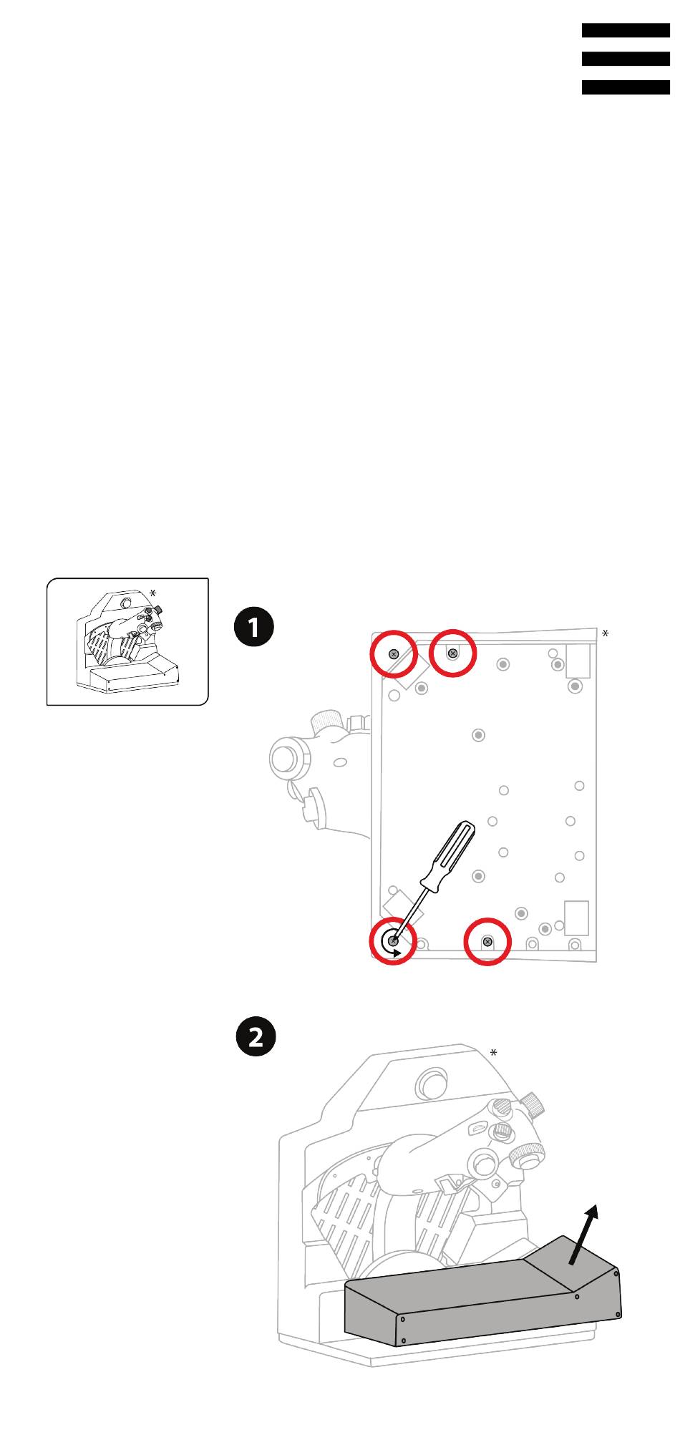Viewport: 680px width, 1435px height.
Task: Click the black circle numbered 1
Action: click(x=254, y=628)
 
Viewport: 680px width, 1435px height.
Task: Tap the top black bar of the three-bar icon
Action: click(x=626, y=30)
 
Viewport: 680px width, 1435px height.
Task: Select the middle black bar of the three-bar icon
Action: click(x=626, y=59)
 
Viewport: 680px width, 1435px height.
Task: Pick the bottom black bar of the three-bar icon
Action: click(x=626, y=87)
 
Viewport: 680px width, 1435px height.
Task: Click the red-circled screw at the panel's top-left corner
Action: click(x=394, y=654)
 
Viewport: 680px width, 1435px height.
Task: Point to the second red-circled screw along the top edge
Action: click(x=452, y=653)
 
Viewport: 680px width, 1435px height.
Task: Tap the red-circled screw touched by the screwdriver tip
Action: click(x=393, y=940)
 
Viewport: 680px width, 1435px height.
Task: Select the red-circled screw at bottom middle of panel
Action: click(x=487, y=941)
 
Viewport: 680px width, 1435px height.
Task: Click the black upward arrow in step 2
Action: click(x=583, y=1234)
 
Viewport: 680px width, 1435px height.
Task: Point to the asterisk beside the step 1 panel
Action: click(x=606, y=633)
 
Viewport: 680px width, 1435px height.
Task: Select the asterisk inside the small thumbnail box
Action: click(x=152, y=593)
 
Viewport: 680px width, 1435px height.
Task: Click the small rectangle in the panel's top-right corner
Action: click(x=578, y=661)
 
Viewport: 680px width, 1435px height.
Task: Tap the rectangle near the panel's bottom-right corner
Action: click(x=577, y=918)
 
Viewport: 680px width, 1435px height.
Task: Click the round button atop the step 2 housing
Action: click(x=432, y=1084)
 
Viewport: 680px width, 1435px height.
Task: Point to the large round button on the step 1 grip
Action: click(x=284, y=759)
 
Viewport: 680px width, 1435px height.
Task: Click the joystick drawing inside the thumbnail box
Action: click(x=127, y=641)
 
